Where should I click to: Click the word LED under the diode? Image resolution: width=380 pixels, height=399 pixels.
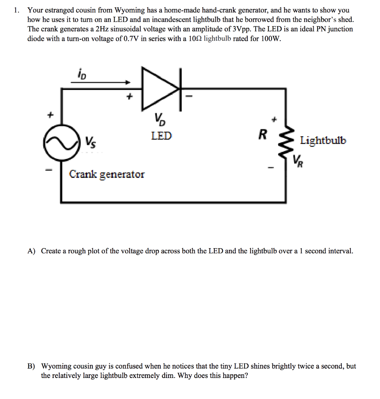click(x=161, y=136)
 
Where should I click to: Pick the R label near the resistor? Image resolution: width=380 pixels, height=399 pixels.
click(x=263, y=134)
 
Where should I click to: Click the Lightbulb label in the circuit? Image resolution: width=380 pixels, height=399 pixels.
click(x=323, y=140)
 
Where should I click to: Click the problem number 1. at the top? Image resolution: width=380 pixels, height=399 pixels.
click(x=16, y=11)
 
